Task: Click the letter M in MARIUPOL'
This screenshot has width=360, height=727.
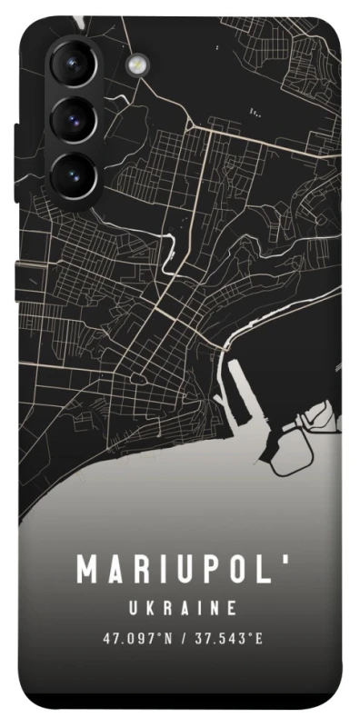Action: [x=89, y=570]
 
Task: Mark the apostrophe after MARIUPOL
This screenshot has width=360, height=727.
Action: [x=287, y=558]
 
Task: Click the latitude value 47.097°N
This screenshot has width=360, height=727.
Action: [x=136, y=638]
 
